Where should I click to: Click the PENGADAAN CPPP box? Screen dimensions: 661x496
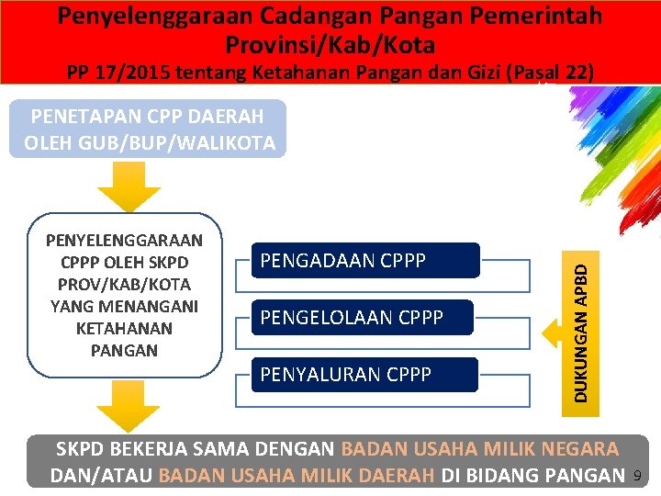tap(366, 261)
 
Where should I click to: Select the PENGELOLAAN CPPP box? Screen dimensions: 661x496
tap(366, 318)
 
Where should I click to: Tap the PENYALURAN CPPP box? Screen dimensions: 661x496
tap(366, 375)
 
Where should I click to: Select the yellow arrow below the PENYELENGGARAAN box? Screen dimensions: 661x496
tap(117, 404)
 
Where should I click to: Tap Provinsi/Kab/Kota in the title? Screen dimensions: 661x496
tap(330, 44)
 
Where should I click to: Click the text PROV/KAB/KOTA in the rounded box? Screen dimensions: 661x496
tap(125, 284)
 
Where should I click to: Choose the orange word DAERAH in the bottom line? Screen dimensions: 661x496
tap(384, 476)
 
